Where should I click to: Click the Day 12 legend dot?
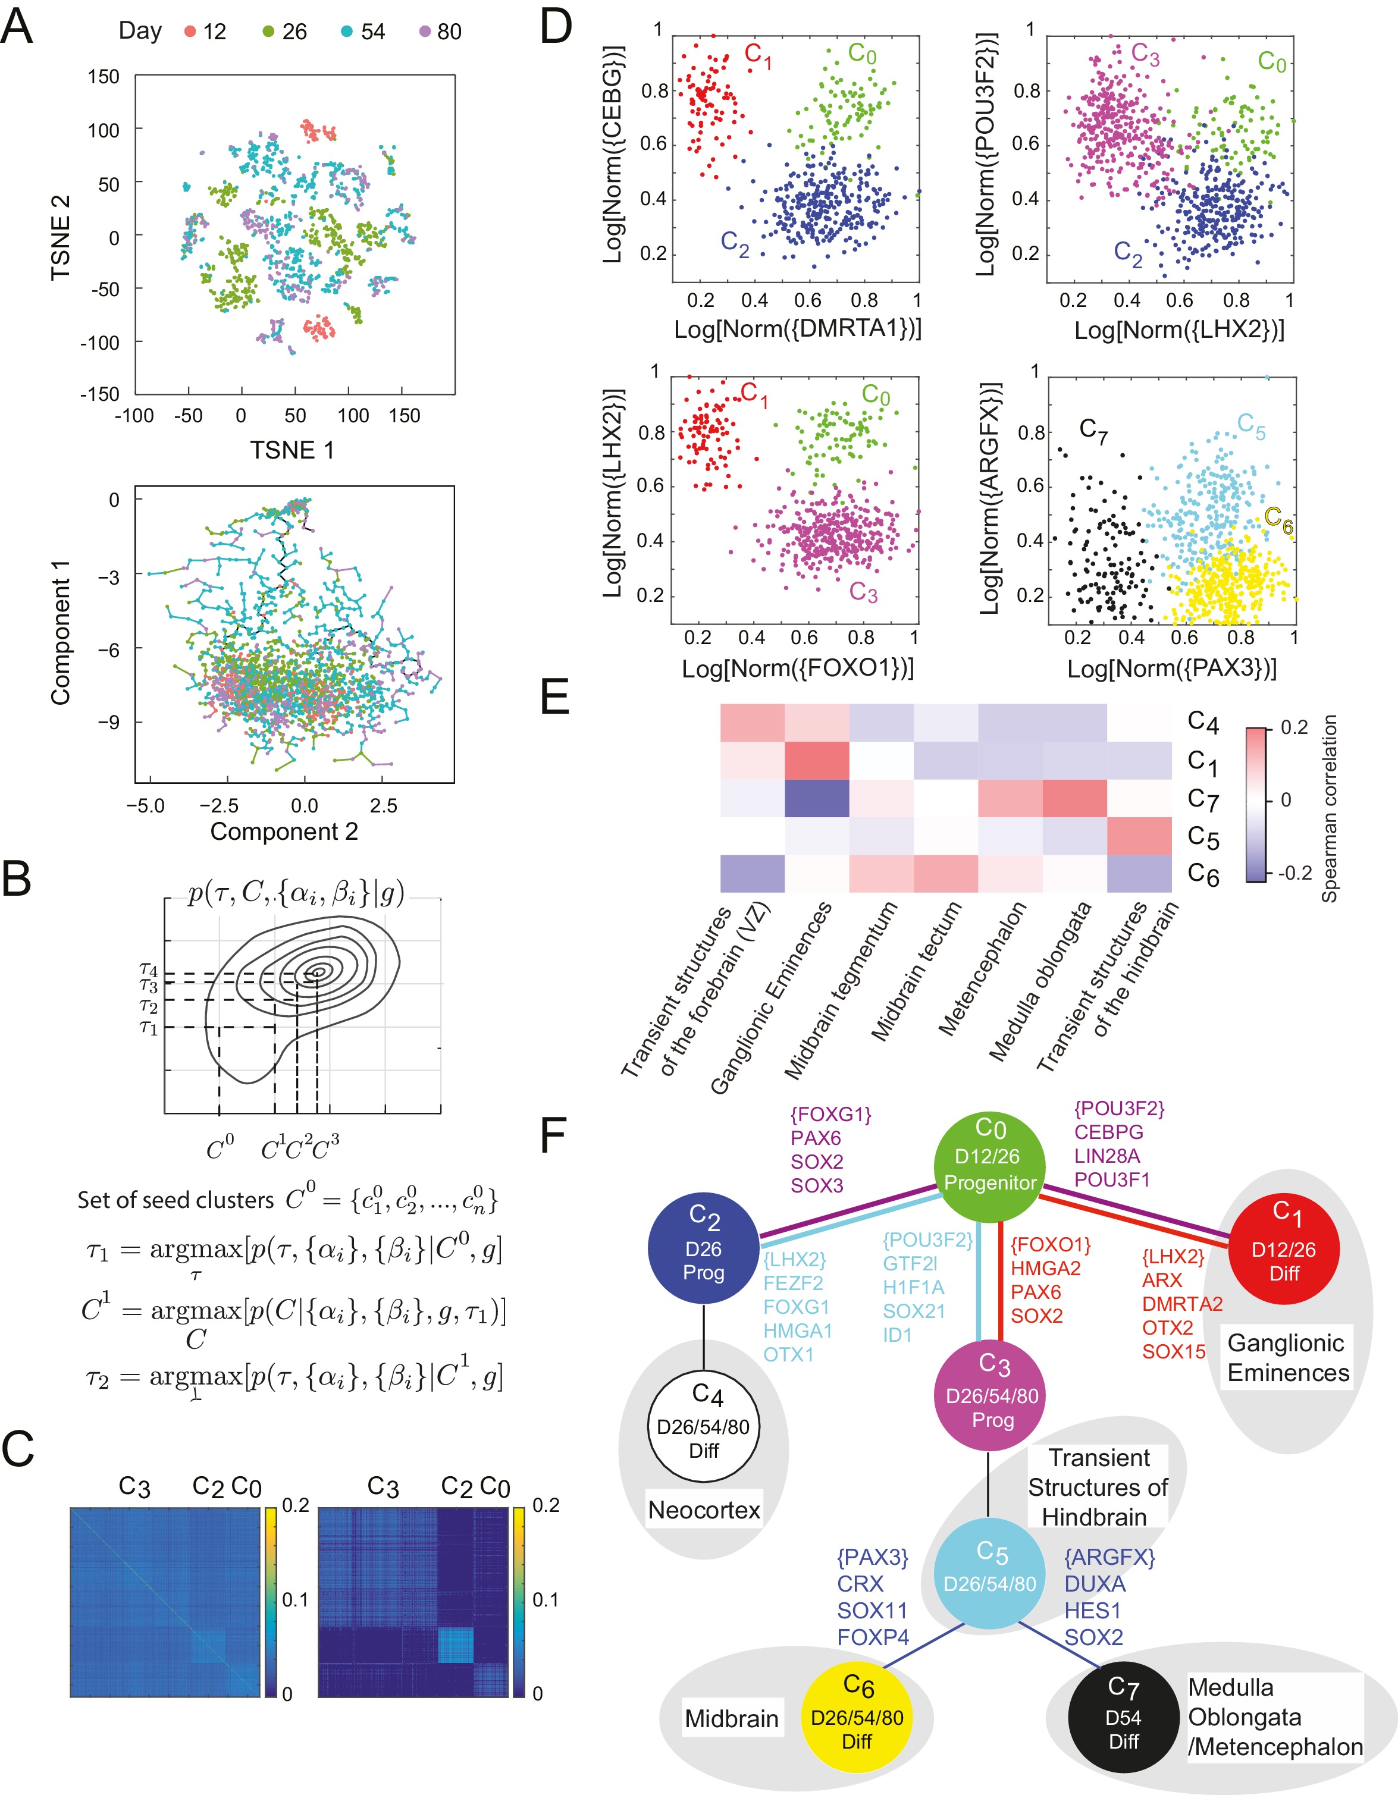(x=190, y=32)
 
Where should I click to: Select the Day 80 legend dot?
(x=425, y=32)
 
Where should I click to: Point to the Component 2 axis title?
(x=284, y=831)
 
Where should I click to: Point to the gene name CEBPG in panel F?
(x=1109, y=1132)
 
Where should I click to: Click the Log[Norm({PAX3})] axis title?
(x=1171, y=668)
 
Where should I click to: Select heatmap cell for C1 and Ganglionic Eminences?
(x=816, y=760)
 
